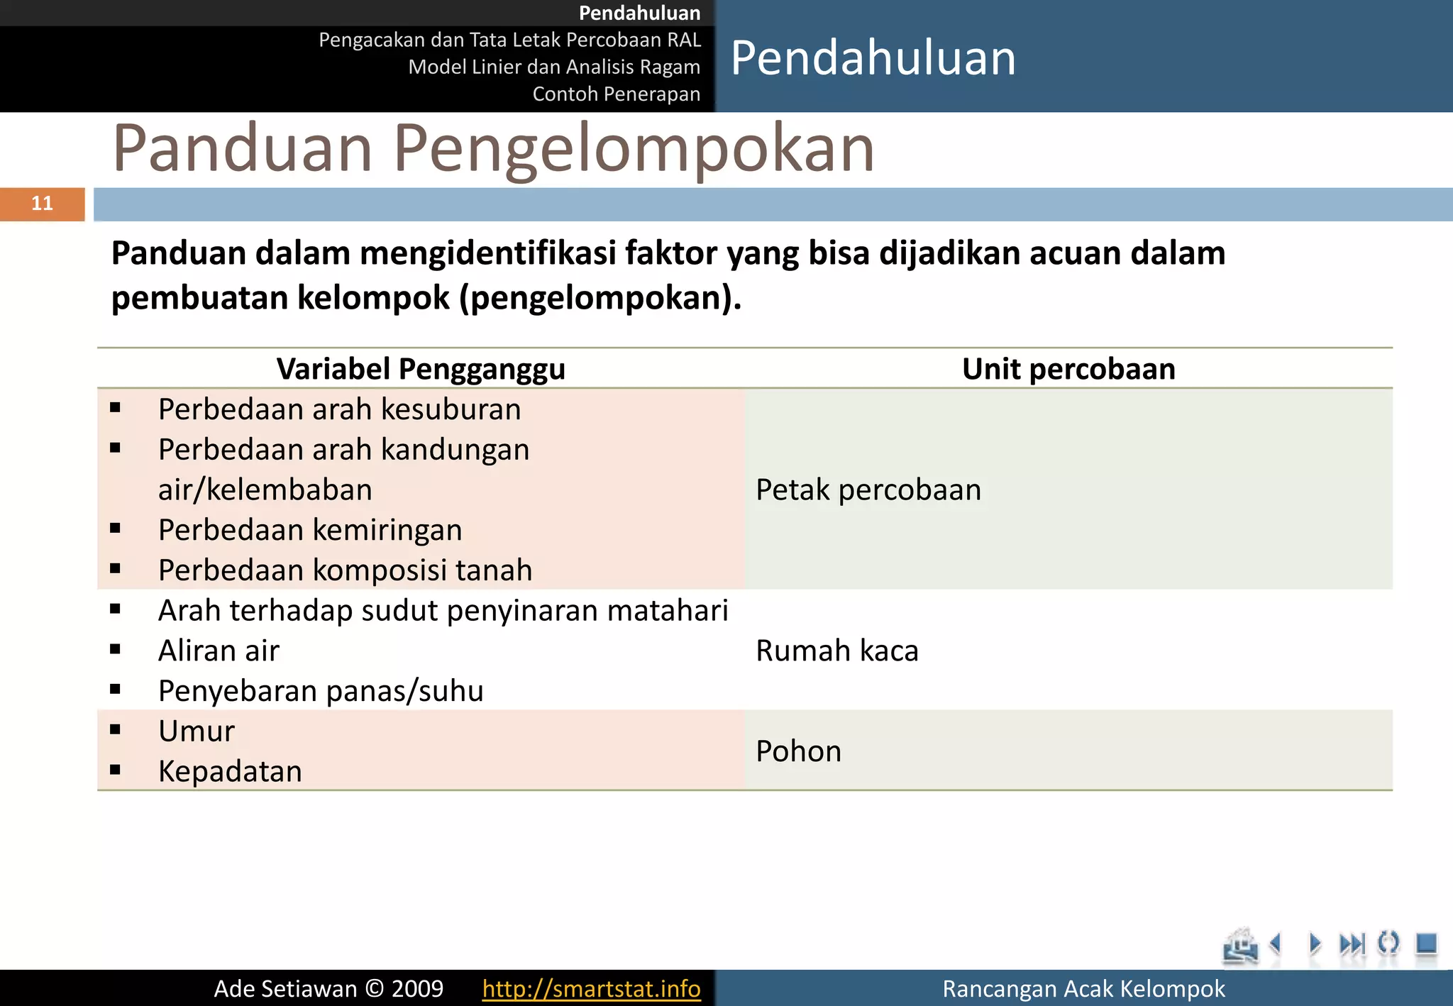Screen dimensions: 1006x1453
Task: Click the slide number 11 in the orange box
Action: (43, 204)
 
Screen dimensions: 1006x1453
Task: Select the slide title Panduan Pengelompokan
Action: (493, 148)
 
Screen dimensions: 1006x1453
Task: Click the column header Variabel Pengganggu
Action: (421, 369)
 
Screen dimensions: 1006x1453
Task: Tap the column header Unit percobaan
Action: (1068, 369)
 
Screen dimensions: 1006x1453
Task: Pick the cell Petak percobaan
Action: (868, 490)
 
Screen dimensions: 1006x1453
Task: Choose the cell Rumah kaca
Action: (837, 651)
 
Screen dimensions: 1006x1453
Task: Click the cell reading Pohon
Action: (799, 751)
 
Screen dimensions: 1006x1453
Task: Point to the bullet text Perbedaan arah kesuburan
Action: (339, 409)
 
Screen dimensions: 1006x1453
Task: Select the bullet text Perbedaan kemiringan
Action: (310, 530)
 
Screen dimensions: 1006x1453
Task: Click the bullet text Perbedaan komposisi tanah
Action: (345, 570)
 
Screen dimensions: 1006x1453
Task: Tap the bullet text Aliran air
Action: (219, 651)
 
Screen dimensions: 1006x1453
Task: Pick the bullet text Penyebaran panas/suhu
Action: (321, 691)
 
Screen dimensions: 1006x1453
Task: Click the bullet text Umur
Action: (197, 731)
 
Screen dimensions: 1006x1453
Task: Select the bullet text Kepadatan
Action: (230, 772)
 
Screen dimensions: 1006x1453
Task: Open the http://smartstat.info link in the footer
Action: (591, 988)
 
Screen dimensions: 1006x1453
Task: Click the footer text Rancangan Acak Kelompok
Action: (1083, 988)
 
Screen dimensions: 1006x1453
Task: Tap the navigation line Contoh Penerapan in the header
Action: (616, 94)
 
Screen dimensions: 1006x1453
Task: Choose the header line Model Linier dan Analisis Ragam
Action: (554, 67)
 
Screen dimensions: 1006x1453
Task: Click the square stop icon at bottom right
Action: (1426, 944)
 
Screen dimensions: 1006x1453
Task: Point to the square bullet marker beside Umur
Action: (115, 729)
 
